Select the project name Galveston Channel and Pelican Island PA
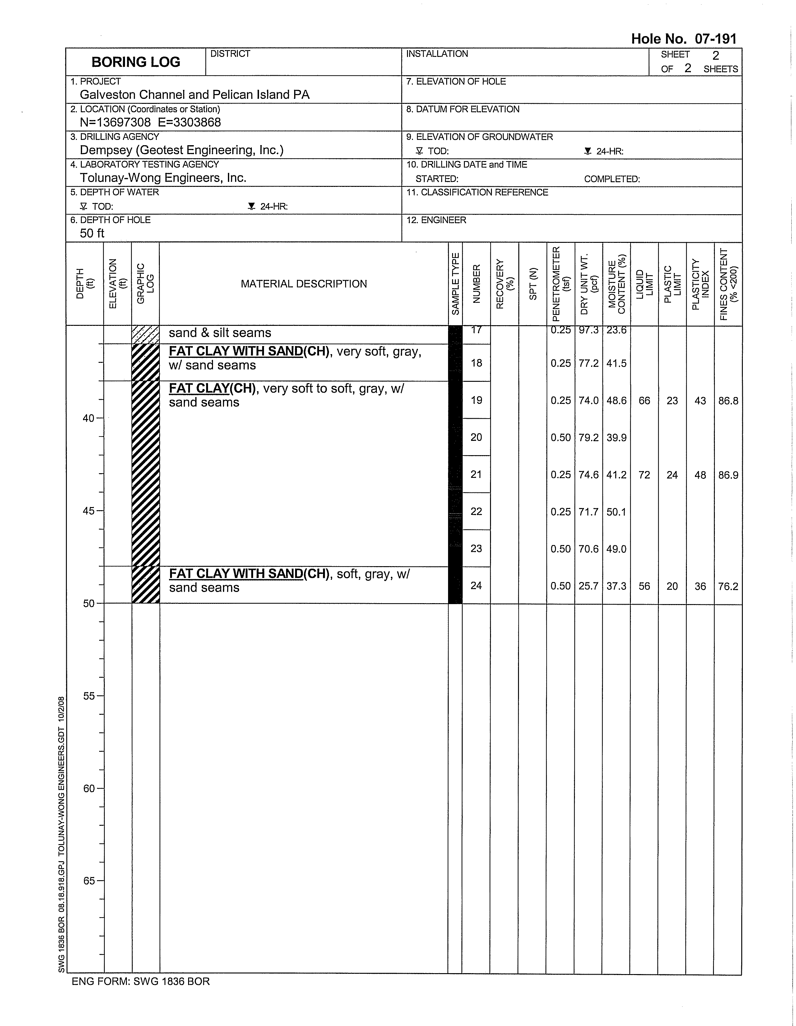(195, 95)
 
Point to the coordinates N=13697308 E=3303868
(150, 122)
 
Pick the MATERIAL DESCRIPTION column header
(303, 284)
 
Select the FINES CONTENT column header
(728, 284)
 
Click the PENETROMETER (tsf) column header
(561, 284)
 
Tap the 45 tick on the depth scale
(89, 511)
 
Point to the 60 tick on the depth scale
(89, 789)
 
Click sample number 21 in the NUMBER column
(476, 474)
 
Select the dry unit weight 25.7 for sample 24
(588, 586)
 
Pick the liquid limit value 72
(644, 475)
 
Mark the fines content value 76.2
(728, 586)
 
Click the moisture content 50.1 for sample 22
(616, 511)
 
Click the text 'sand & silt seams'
(220, 333)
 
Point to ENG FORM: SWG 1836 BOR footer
(141, 981)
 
